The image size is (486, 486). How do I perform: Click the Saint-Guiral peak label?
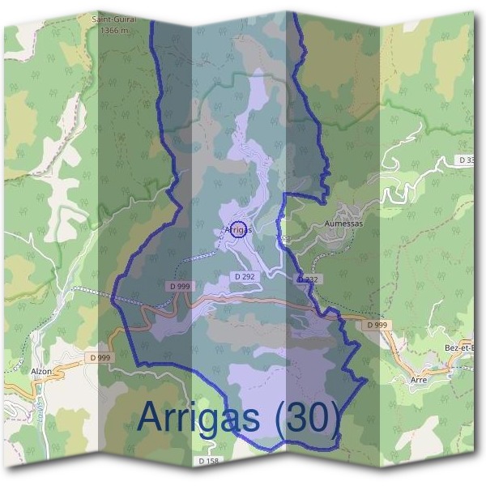(113, 18)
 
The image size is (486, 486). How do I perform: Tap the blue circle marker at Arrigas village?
(238, 228)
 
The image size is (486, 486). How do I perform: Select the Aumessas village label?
(345, 222)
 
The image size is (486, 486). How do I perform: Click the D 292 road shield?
(245, 276)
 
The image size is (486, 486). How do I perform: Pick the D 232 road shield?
(308, 279)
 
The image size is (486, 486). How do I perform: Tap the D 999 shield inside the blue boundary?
(180, 286)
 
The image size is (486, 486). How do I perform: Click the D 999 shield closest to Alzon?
(100, 357)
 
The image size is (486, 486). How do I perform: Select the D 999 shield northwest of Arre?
(377, 325)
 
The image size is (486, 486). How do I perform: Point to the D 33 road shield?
(467, 160)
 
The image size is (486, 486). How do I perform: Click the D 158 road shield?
(208, 461)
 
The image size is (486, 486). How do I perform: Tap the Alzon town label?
(41, 370)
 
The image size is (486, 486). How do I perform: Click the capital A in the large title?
(152, 416)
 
